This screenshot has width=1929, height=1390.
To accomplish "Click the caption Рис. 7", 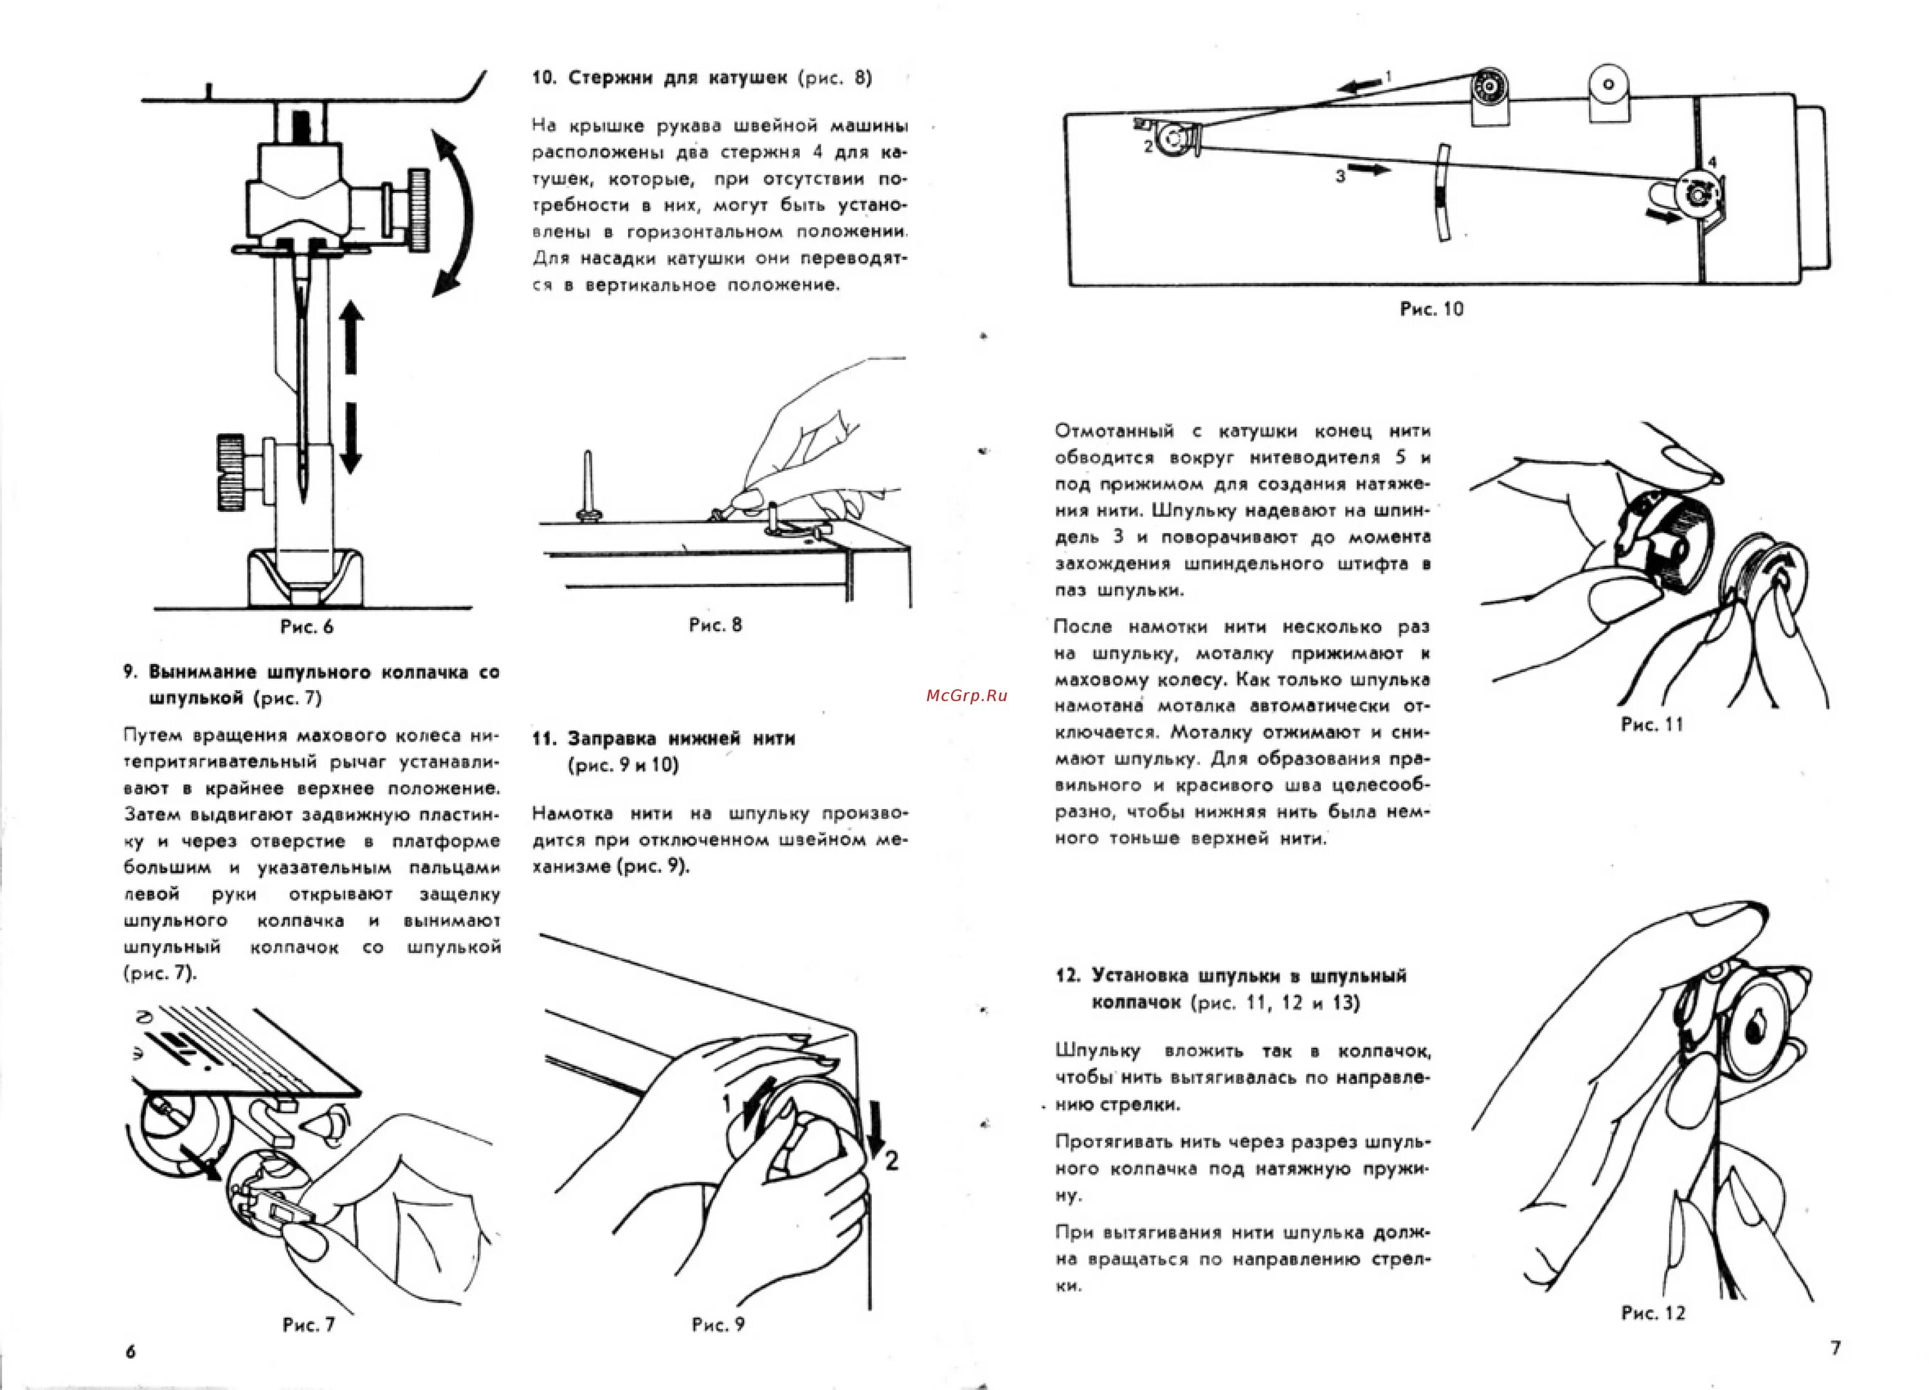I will click(x=308, y=1324).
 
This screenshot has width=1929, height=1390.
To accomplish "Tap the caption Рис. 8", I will click(x=715, y=625).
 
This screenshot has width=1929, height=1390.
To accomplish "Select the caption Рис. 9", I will click(x=718, y=1324).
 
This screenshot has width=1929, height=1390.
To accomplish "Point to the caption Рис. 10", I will click(x=1431, y=309).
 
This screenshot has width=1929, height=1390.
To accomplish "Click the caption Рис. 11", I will click(x=1652, y=725).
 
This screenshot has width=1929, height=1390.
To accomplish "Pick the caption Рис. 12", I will click(x=1653, y=1313).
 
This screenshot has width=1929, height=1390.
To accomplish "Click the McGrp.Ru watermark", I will click(x=966, y=695).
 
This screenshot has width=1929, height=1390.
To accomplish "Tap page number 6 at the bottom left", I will click(x=130, y=1351).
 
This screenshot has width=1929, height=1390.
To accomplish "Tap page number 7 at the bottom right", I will click(x=1835, y=1348).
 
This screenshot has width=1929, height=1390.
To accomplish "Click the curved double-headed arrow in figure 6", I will click(x=455, y=213).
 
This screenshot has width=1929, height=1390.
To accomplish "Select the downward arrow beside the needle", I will click(x=350, y=438).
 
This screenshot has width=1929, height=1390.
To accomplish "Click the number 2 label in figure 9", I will click(x=891, y=1160).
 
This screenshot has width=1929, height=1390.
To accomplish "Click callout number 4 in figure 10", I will click(x=1712, y=161).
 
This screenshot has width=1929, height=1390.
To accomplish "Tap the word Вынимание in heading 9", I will click(x=203, y=672).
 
